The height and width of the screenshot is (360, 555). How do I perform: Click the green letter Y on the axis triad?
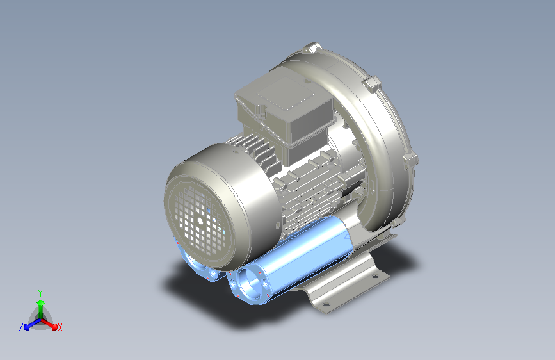tap(40, 293)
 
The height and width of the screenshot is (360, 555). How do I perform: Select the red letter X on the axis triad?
tap(60, 327)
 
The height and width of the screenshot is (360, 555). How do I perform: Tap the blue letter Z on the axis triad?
tap(21, 327)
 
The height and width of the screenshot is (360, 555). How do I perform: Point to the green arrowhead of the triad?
tap(41, 302)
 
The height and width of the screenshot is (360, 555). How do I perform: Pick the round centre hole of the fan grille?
tap(200, 221)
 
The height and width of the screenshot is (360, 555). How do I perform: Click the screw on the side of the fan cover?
tap(278, 224)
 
